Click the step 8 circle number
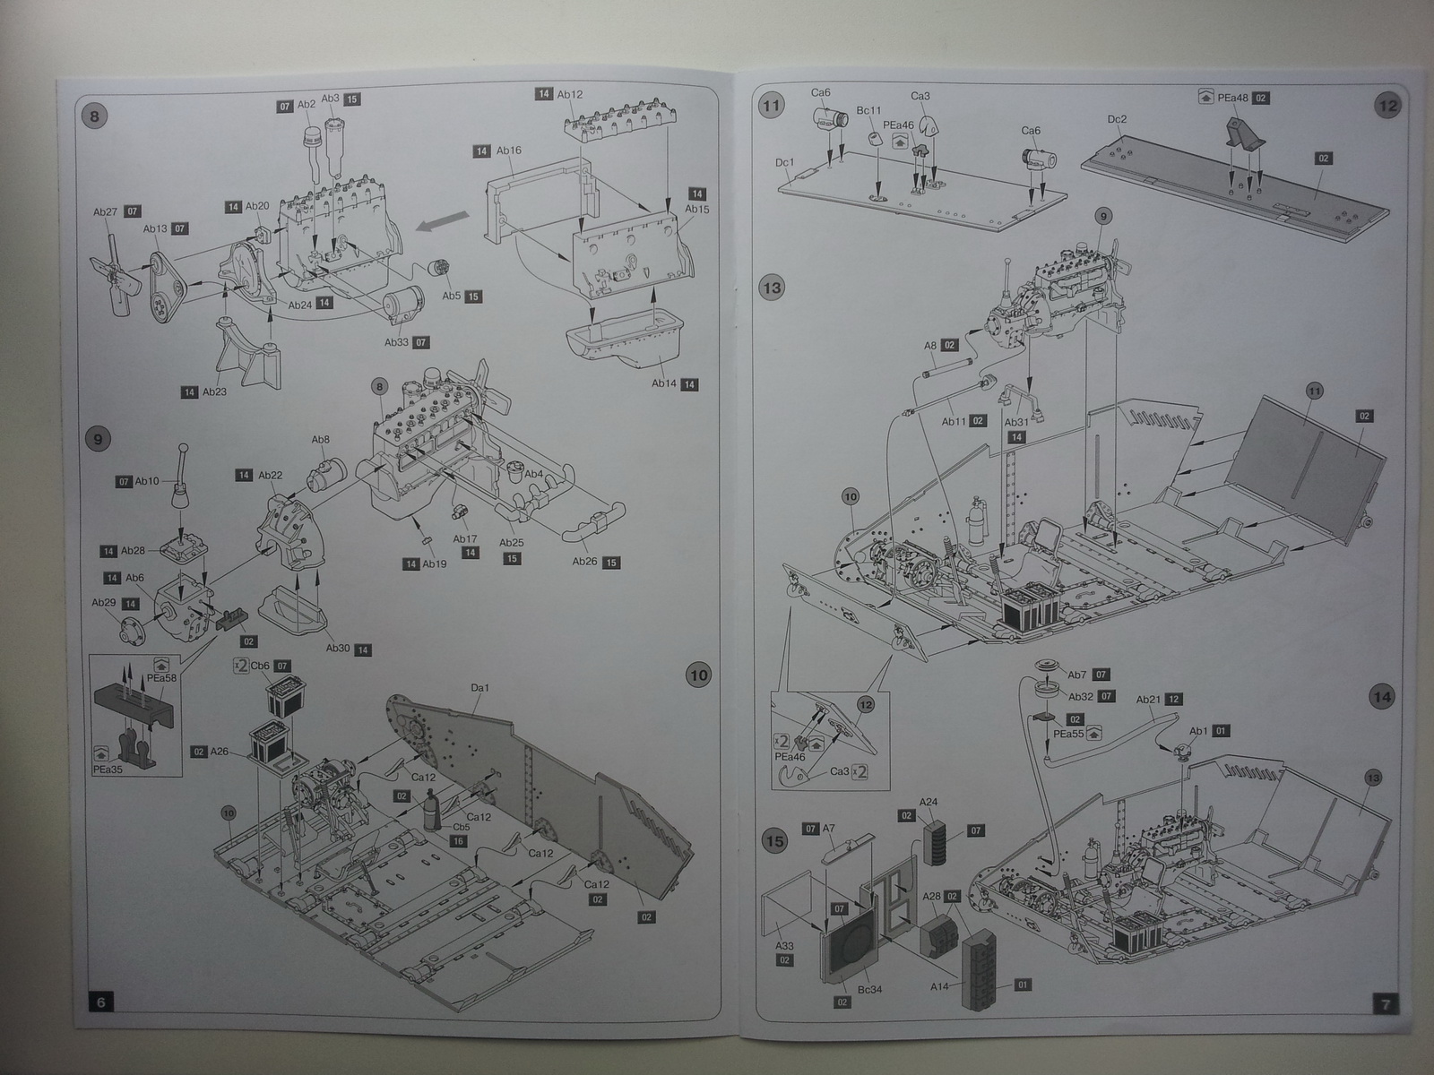pos(94,116)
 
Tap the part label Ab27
pos(105,212)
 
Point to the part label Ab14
pos(663,383)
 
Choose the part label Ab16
pos(509,150)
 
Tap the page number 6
pos(100,1002)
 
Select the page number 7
pos(1386,1004)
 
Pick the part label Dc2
pos(1117,119)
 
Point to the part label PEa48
pos(1235,98)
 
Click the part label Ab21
pos(1148,700)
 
